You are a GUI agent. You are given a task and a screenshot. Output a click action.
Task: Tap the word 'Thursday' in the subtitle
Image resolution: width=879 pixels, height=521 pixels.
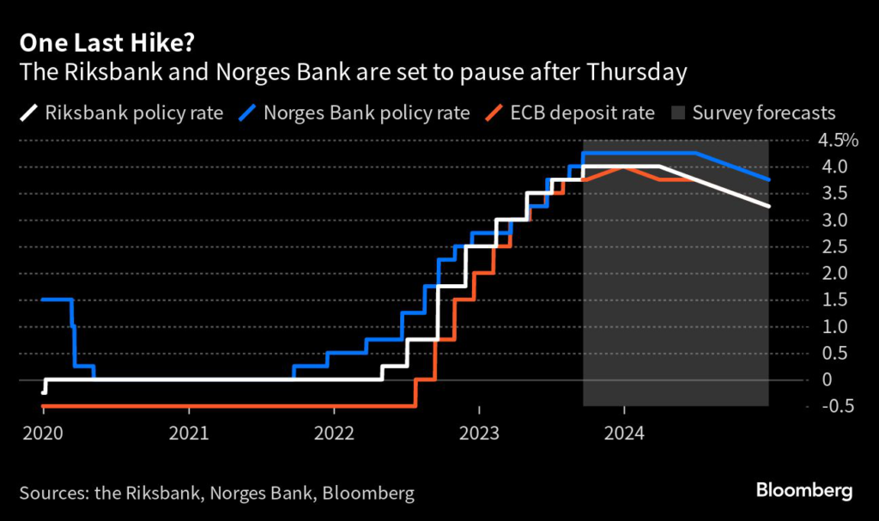[638, 71]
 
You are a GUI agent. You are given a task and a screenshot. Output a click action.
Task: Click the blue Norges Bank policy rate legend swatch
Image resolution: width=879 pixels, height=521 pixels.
[250, 113]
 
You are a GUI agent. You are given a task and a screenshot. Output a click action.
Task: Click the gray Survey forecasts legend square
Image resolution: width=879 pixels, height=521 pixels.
[677, 113]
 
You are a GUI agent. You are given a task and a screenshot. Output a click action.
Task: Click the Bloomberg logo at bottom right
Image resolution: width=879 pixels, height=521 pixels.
[804, 491]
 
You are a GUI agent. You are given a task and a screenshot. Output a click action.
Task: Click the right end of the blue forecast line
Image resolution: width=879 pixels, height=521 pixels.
[768, 179]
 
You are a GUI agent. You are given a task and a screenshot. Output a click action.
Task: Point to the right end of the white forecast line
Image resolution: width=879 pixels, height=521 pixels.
[768, 206]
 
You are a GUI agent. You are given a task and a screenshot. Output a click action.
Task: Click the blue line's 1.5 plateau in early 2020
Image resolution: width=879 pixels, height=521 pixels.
[56, 300]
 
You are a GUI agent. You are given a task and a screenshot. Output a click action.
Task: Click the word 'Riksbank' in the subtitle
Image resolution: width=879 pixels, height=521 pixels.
[97, 71]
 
